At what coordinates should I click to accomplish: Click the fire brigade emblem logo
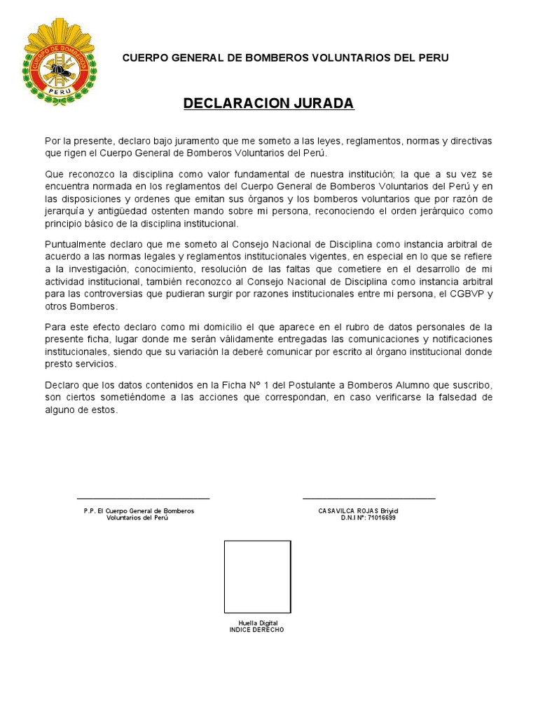(59, 62)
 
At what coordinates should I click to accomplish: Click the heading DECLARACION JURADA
(269, 104)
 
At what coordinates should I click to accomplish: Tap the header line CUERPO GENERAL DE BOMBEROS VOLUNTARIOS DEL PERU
(286, 57)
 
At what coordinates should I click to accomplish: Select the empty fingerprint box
(257, 576)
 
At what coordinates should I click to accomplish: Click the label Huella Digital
(258, 623)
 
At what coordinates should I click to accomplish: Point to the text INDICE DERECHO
(257, 630)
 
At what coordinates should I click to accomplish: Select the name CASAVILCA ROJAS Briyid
(358, 510)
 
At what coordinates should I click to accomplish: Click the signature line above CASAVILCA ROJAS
(368, 499)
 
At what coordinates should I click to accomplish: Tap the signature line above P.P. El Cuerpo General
(143, 499)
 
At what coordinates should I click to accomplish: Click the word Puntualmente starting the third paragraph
(75, 244)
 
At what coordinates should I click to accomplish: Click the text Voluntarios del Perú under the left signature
(138, 517)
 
